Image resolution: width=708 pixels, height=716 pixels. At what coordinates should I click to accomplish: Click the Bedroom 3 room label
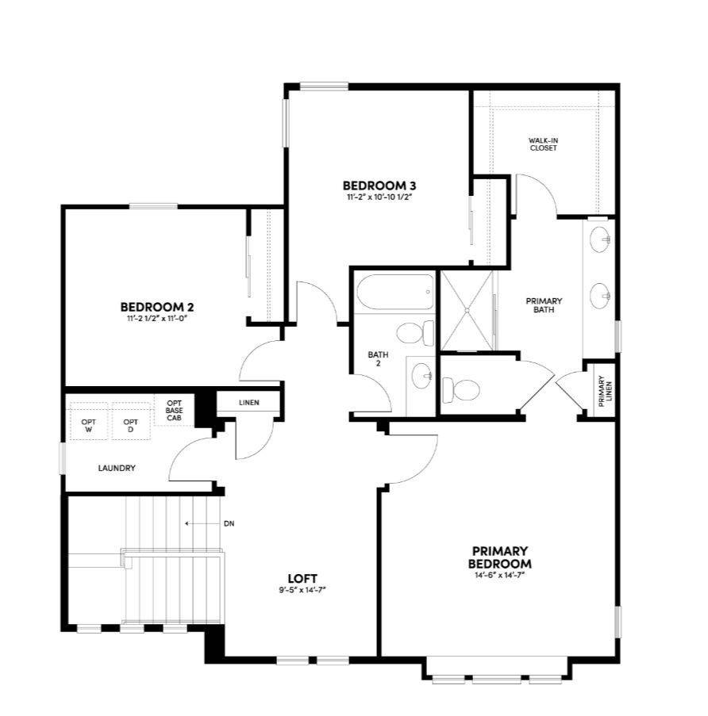pyautogui.click(x=379, y=186)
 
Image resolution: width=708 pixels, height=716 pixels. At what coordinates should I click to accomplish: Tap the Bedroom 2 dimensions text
pyautogui.click(x=158, y=318)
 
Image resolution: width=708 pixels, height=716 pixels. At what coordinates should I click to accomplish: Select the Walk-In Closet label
pyautogui.click(x=544, y=144)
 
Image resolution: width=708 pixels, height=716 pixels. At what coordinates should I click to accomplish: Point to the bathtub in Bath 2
pyautogui.click(x=395, y=293)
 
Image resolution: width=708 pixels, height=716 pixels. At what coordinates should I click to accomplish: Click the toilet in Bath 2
pyautogui.click(x=415, y=333)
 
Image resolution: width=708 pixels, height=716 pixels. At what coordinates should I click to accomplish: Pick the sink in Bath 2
pyautogui.click(x=422, y=376)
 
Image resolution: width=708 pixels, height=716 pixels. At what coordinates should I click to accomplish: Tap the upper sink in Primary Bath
pyautogui.click(x=600, y=239)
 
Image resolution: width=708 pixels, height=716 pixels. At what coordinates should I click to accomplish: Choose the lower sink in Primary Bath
pyautogui.click(x=600, y=296)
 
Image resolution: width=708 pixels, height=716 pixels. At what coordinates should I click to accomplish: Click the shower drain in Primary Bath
pyautogui.click(x=468, y=310)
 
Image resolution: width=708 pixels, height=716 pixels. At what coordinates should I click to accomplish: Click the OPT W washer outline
pyautogui.click(x=89, y=421)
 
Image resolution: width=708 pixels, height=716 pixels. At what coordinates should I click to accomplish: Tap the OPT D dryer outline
pyautogui.click(x=131, y=421)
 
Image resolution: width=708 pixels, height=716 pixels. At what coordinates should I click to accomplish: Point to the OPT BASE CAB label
pyautogui.click(x=174, y=410)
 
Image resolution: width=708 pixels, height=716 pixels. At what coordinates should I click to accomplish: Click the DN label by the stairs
pyautogui.click(x=229, y=524)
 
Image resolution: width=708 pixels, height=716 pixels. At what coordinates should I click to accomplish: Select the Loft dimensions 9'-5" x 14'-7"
pyautogui.click(x=302, y=589)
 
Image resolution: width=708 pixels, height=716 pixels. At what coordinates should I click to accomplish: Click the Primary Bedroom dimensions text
pyautogui.click(x=499, y=576)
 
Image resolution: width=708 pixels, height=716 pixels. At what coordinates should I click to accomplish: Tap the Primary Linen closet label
pyautogui.click(x=605, y=392)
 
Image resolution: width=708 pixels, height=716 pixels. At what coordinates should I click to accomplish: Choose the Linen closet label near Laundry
pyautogui.click(x=249, y=403)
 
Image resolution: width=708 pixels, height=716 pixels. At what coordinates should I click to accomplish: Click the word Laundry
pyautogui.click(x=117, y=468)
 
